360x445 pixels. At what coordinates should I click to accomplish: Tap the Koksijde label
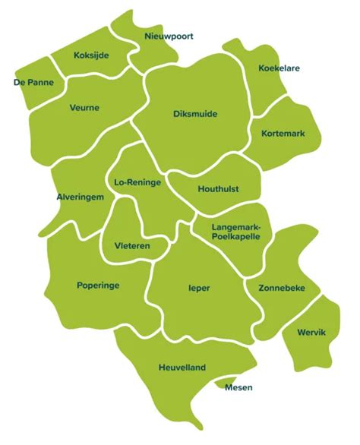coord(93,55)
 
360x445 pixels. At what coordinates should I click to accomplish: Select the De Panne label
coord(33,81)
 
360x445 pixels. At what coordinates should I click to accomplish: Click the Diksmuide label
coord(194,114)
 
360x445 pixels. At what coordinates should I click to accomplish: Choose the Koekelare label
coord(279,68)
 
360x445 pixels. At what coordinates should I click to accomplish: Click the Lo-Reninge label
coord(136,183)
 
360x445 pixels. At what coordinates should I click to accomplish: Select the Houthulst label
coord(219,188)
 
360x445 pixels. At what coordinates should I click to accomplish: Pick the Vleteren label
coord(131,246)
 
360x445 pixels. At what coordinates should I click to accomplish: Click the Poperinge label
coord(98,286)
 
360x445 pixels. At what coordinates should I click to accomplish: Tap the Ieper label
coord(199,289)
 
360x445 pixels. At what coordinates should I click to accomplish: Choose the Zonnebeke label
coord(281,289)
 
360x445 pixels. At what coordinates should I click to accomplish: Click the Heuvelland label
coord(182,367)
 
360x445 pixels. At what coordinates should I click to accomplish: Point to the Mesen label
coord(238,387)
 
